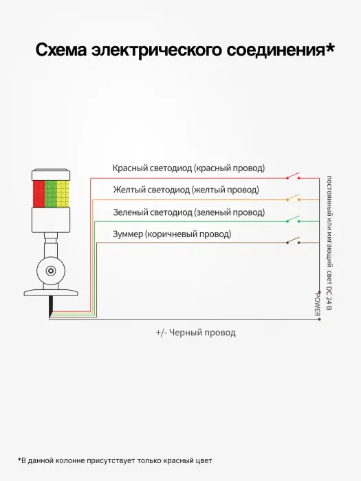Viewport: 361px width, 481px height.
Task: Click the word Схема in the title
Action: click(61, 49)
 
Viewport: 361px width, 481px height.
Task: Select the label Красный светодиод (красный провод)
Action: click(188, 168)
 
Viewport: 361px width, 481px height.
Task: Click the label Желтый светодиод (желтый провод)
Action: click(186, 190)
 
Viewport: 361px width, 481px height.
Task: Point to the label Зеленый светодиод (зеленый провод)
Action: click(189, 212)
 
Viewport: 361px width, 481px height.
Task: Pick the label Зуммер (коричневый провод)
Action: click(172, 234)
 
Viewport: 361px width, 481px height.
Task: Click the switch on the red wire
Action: click(293, 176)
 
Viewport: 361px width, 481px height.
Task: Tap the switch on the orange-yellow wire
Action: click(293, 198)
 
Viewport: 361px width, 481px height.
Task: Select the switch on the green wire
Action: click(293, 219)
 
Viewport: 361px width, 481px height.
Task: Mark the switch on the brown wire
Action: click(293, 240)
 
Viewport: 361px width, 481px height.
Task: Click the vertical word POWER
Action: click(317, 304)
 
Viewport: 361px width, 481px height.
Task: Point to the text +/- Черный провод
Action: click(196, 333)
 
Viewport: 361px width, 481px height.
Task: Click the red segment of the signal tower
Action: click(39, 194)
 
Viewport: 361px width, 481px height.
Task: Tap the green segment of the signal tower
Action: click(51, 194)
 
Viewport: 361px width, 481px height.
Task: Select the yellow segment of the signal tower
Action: click(63, 194)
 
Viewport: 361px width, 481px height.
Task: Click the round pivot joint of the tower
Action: click(51, 271)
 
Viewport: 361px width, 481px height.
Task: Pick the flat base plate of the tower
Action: click(51, 293)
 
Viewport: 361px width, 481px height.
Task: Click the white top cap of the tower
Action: click(51, 175)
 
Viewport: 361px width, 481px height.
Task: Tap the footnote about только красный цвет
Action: click(115, 461)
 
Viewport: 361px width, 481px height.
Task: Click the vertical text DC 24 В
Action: click(329, 298)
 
